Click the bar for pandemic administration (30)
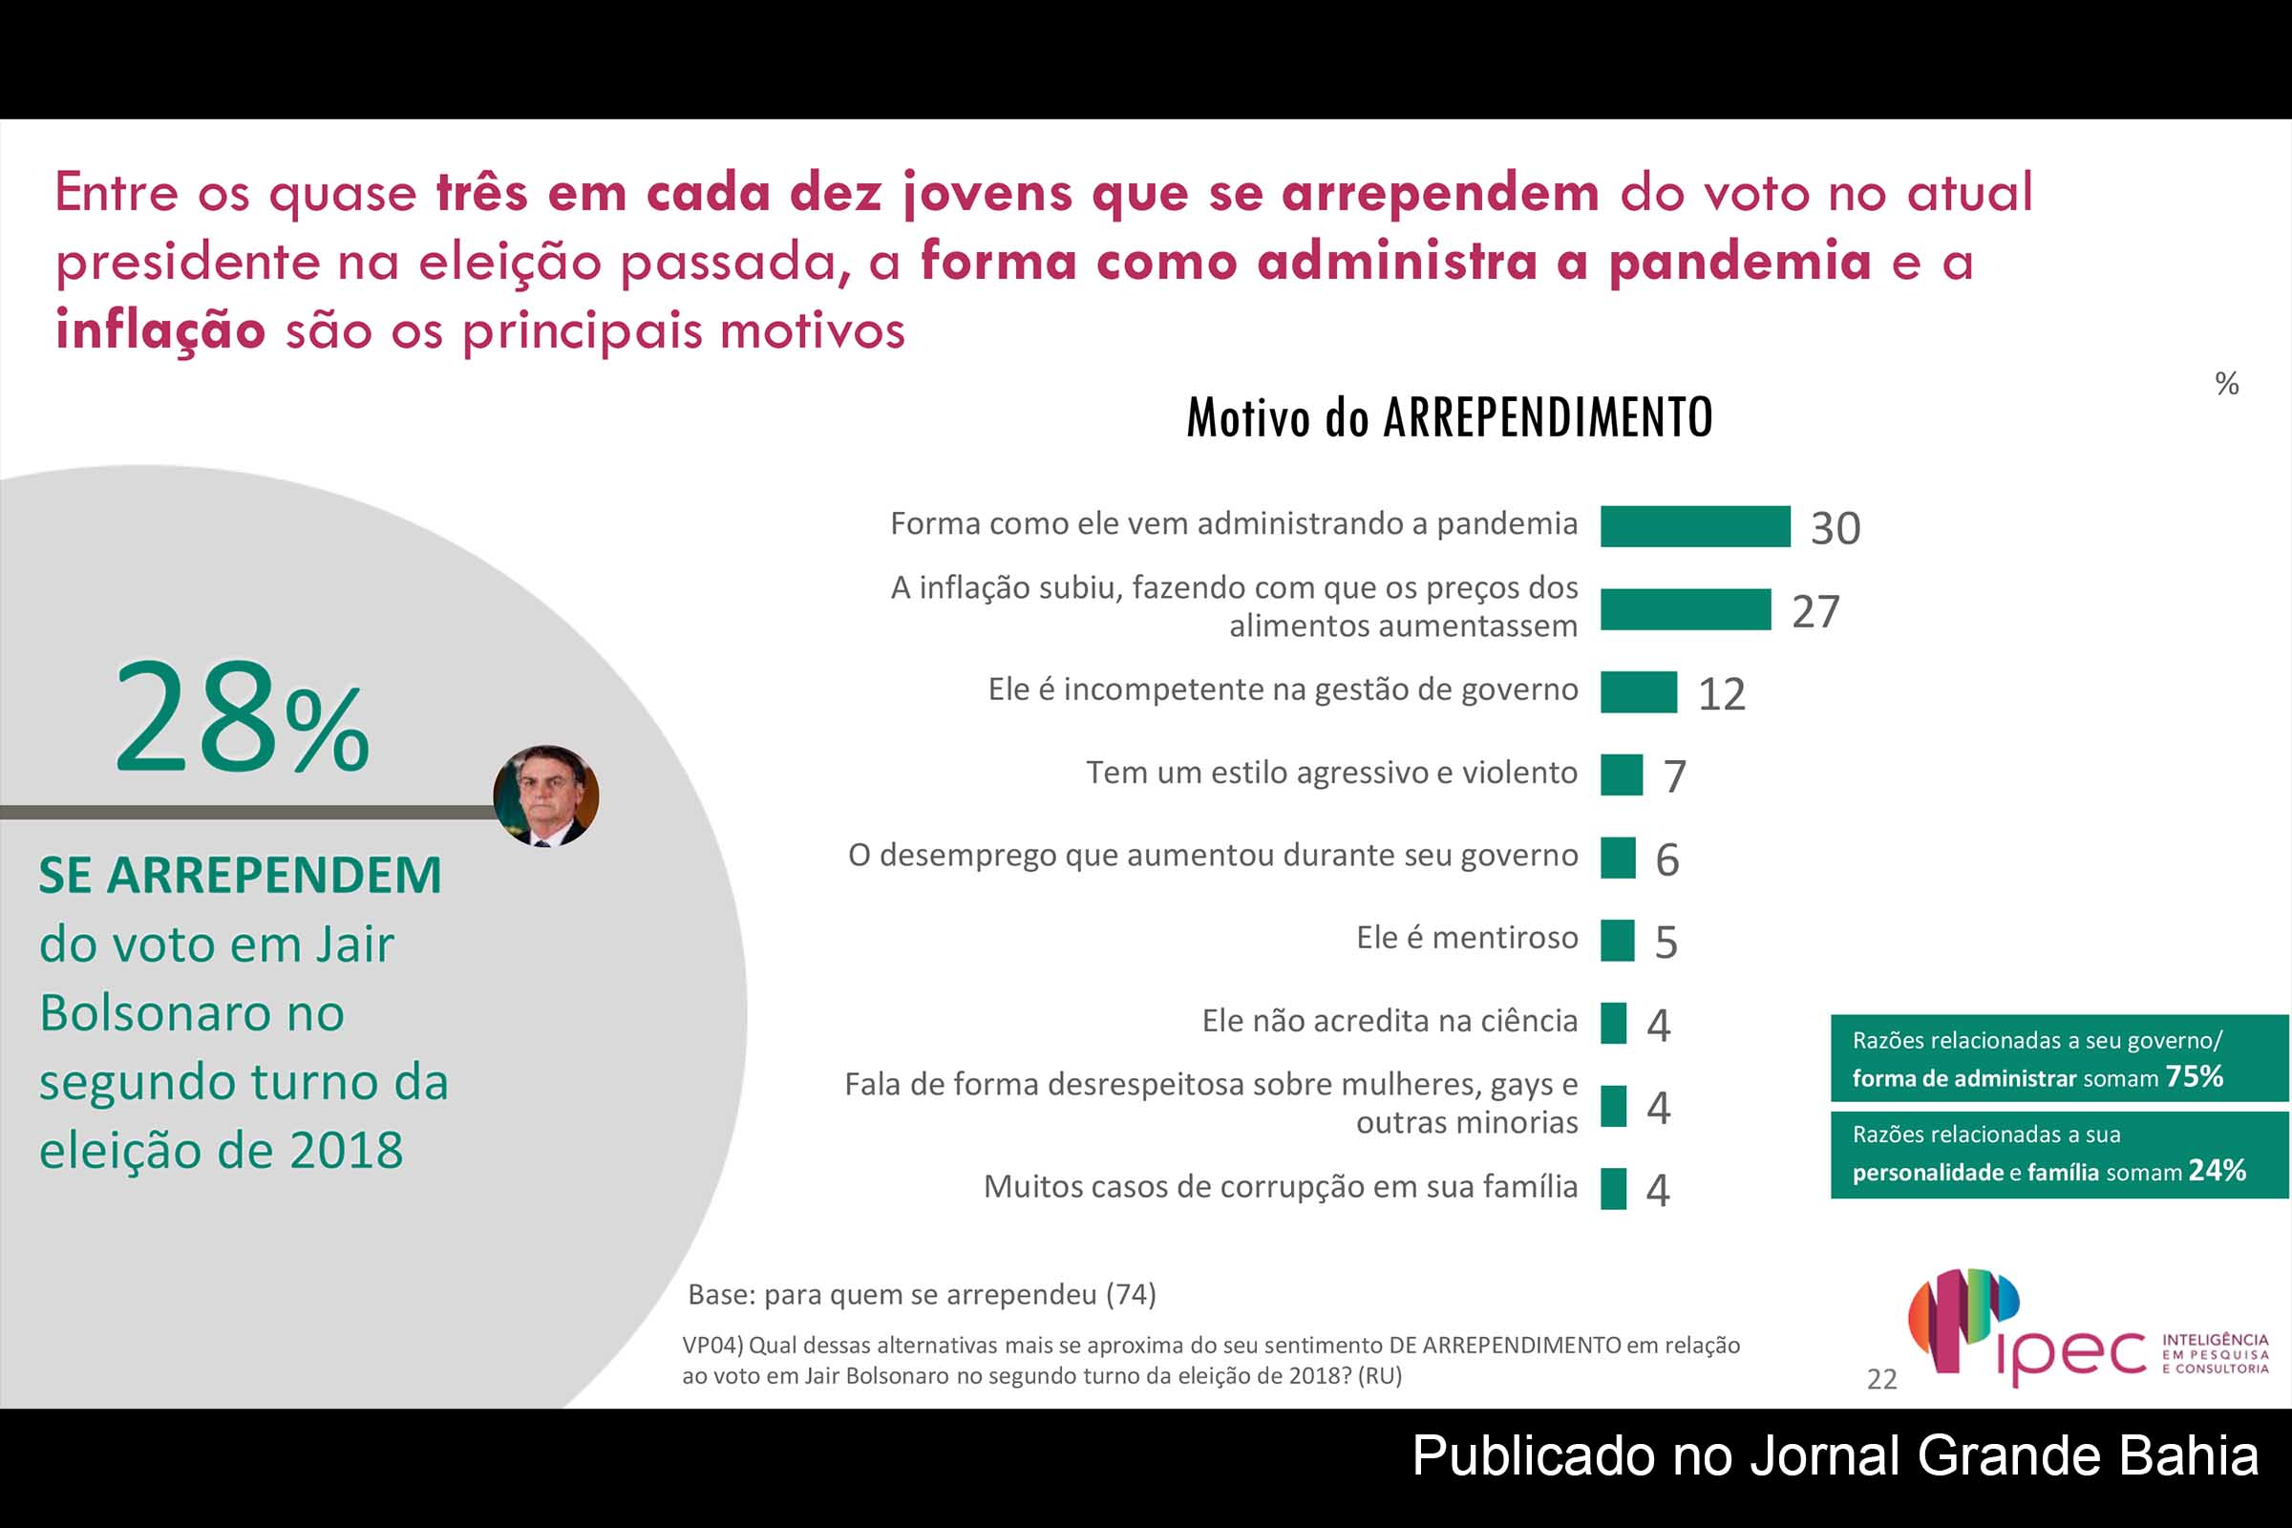click(x=1694, y=526)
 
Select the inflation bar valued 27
click(x=1685, y=609)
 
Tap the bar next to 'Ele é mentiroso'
click(x=1617, y=941)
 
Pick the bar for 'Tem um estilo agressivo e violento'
click(x=1621, y=775)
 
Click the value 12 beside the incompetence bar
click(x=1721, y=694)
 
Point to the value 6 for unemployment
click(x=1666, y=859)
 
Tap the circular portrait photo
click(x=545, y=796)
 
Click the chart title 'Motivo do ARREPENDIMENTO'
click(x=1448, y=418)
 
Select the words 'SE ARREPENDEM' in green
click(x=240, y=874)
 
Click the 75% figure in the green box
click(x=2194, y=1076)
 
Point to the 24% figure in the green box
click(x=2217, y=1169)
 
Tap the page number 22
click(x=1881, y=1379)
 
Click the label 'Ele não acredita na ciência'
click(x=1389, y=1020)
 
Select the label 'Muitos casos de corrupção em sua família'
click(x=1280, y=1186)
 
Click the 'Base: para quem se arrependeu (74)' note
click(x=922, y=1294)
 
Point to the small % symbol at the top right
click(x=2227, y=383)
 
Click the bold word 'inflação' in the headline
click(x=159, y=329)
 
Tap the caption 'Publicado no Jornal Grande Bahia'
click(x=1835, y=1455)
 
